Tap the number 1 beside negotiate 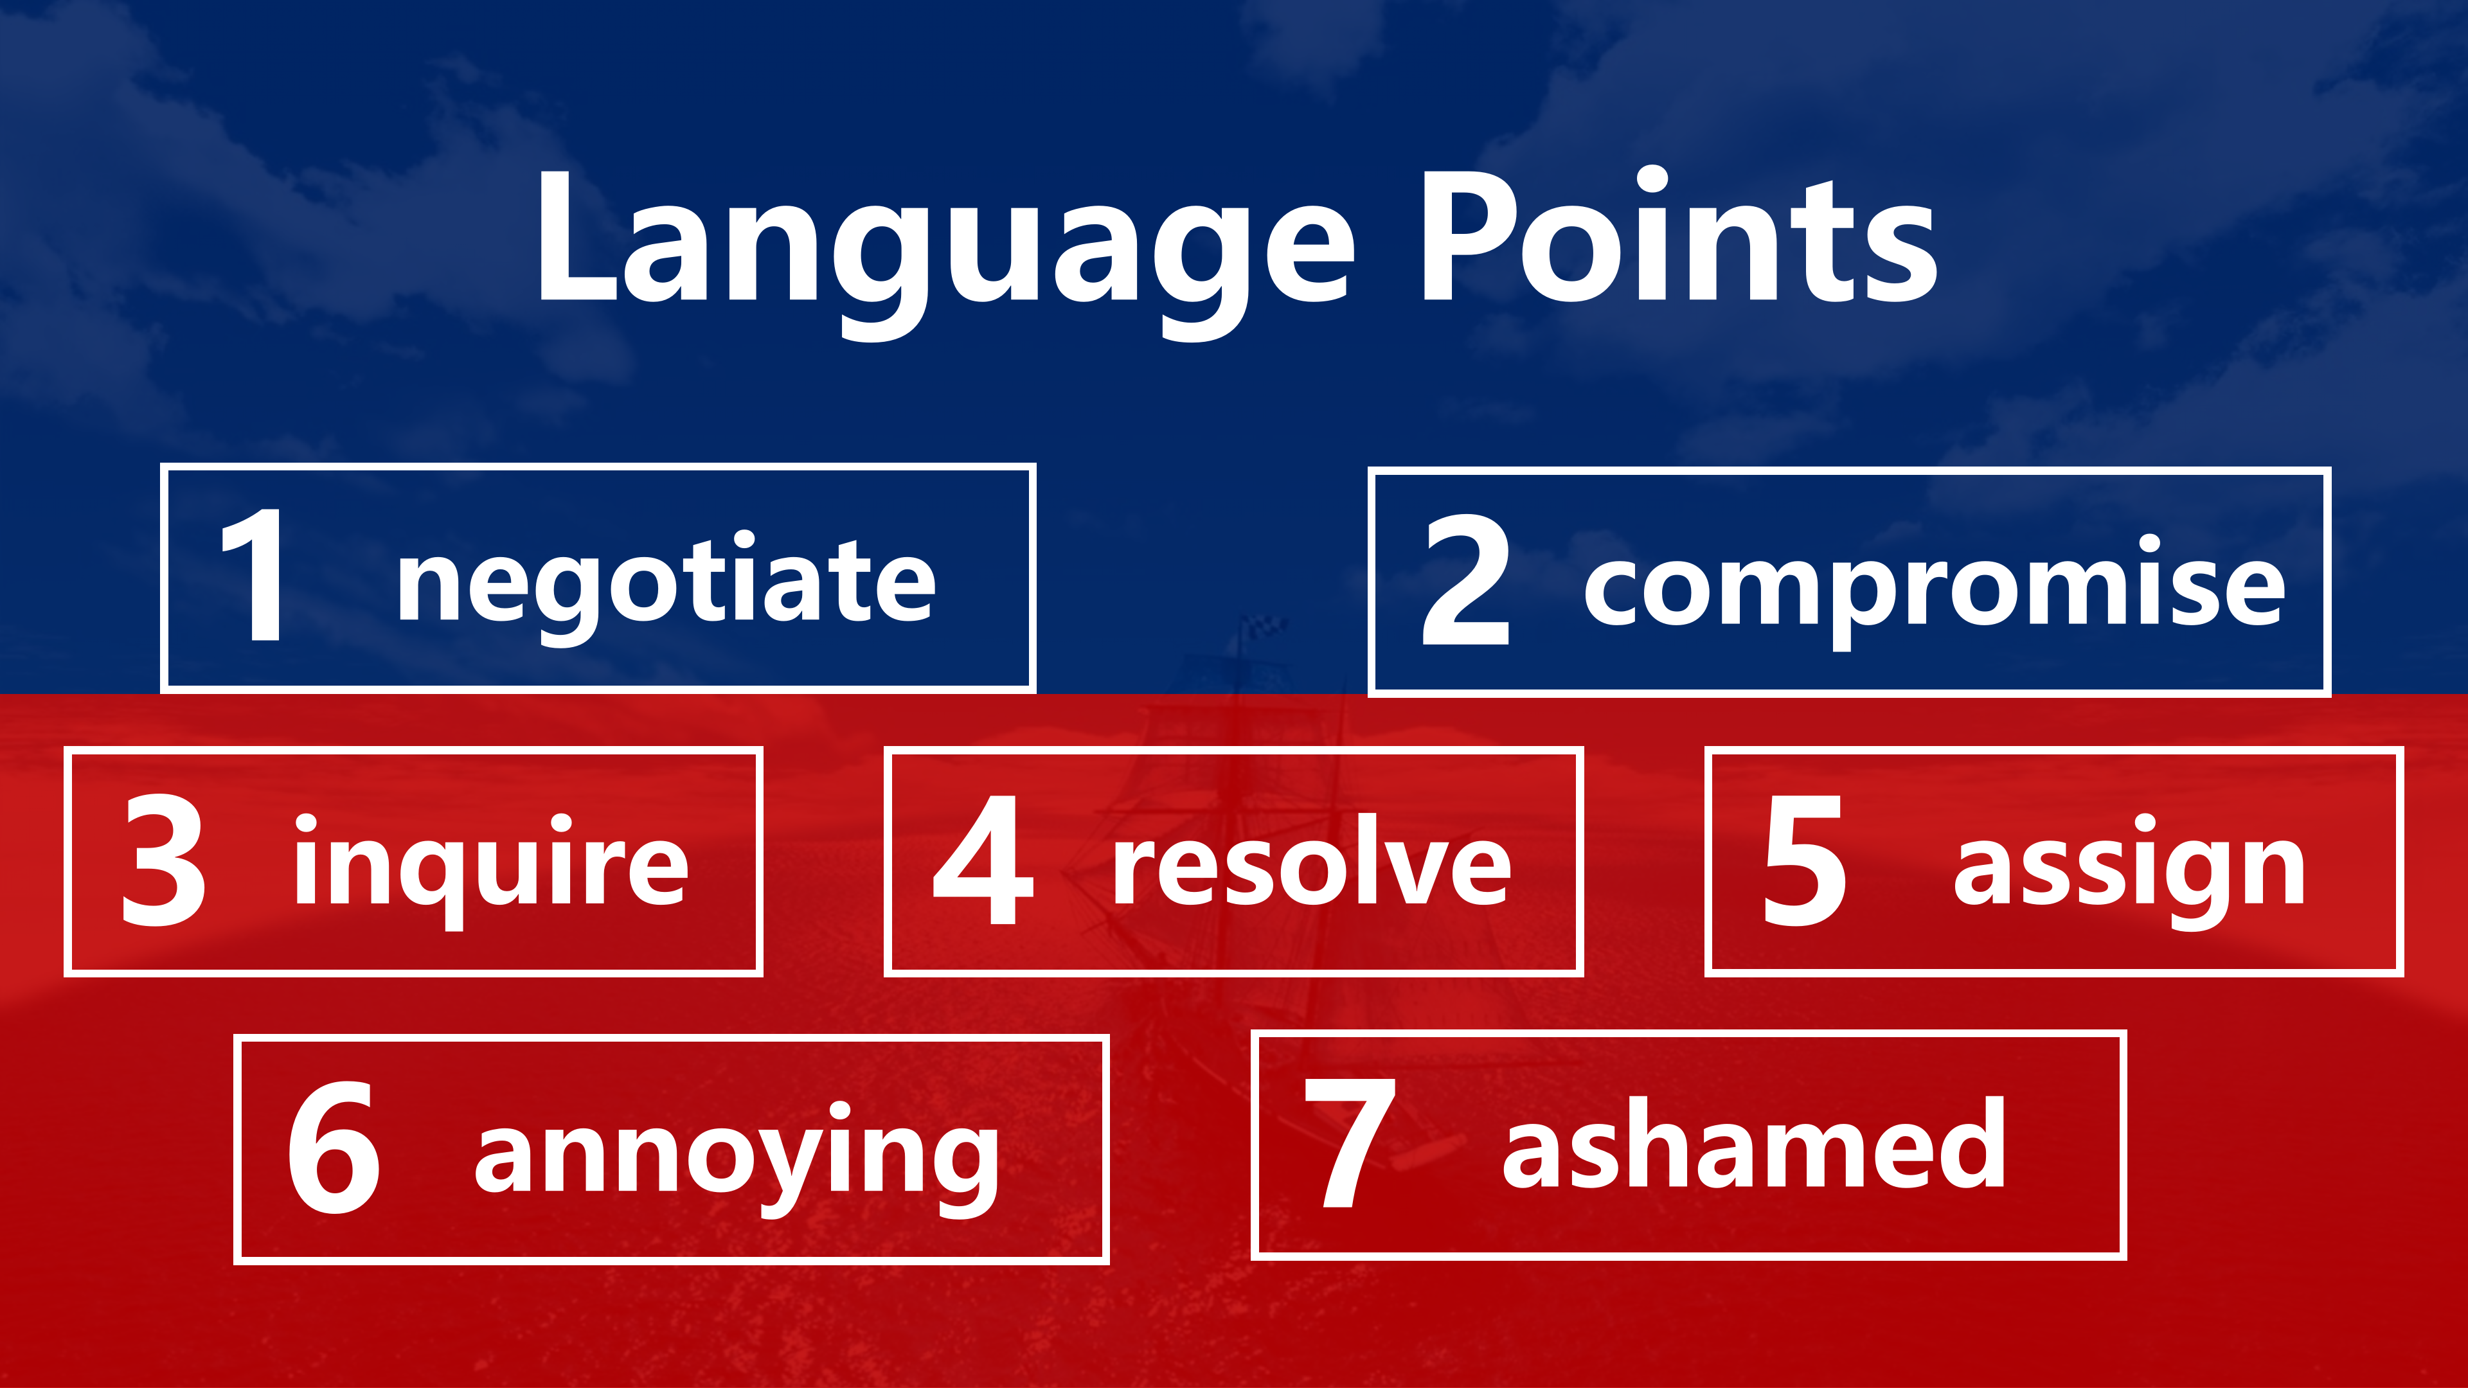(x=253, y=574)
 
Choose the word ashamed (x=1754, y=1142)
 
